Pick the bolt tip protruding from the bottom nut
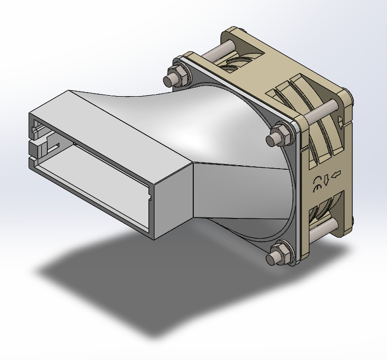[x=272, y=259]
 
